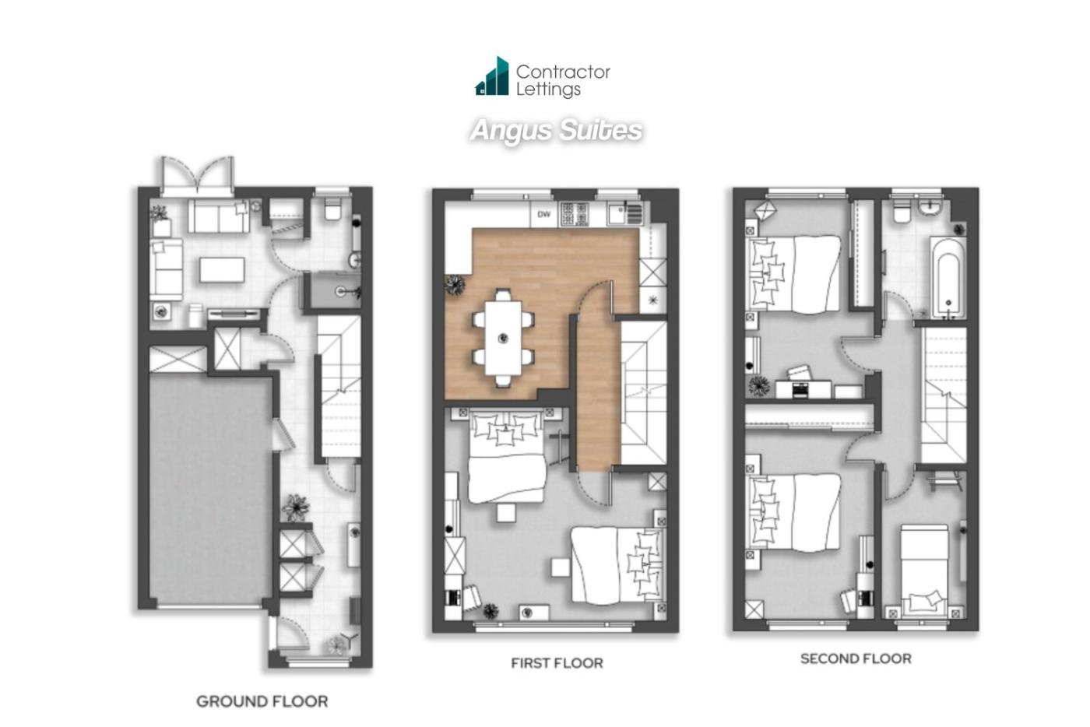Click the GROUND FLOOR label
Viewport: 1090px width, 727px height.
pyautogui.click(x=262, y=701)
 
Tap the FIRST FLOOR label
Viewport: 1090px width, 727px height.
pyautogui.click(x=557, y=663)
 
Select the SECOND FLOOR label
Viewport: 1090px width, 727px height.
pyautogui.click(x=856, y=659)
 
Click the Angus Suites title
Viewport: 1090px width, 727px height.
pyautogui.click(x=556, y=131)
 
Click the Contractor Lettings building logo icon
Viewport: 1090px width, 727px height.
pyautogui.click(x=492, y=76)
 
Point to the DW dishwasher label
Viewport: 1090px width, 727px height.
pyautogui.click(x=543, y=214)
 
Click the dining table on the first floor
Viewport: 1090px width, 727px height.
pyautogui.click(x=503, y=338)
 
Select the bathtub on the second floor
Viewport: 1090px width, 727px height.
pyautogui.click(x=948, y=277)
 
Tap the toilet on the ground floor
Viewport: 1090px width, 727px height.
pyautogui.click(x=333, y=209)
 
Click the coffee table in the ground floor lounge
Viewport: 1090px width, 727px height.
pyautogui.click(x=222, y=270)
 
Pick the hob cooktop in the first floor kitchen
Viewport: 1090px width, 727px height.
pyautogui.click(x=575, y=214)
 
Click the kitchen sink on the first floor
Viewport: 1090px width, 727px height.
pyautogui.click(x=625, y=214)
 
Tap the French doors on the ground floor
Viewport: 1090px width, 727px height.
pyautogui.click(x=198, y=176)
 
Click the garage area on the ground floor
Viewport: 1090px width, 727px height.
pyautogui.click(x=210, y=490)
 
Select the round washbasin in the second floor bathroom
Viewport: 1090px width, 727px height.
pyautogui.click(x=930, y=209)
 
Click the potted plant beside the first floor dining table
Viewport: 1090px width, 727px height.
pyautogui.click(x=455, y=285)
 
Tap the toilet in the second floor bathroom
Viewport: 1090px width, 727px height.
pyautogui.click(x=901, y=211)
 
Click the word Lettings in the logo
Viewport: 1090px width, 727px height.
pyautogui.click(x=548, y=90)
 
